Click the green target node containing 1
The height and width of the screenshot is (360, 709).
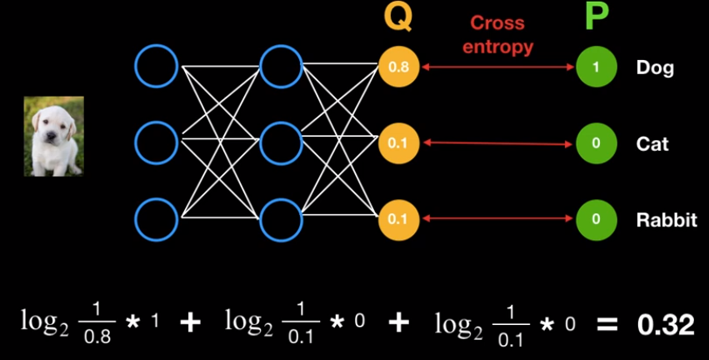pos(596,67)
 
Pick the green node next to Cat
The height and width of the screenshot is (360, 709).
pos(596,143)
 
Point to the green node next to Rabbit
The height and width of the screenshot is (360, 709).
pos(596,219)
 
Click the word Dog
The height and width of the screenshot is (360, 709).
pos(654,67)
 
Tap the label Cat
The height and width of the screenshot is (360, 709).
pos(652,143)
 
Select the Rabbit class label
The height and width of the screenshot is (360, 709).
pos(667,220)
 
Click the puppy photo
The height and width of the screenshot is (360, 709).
pos(53,136)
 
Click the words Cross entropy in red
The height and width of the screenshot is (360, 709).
pos(497,35)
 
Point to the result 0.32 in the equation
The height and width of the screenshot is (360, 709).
pos(666,324)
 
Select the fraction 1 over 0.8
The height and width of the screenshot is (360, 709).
pos(97,324)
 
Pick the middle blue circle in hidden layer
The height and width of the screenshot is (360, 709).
pos(281,142)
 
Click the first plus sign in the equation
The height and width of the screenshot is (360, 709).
pos(191,323)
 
